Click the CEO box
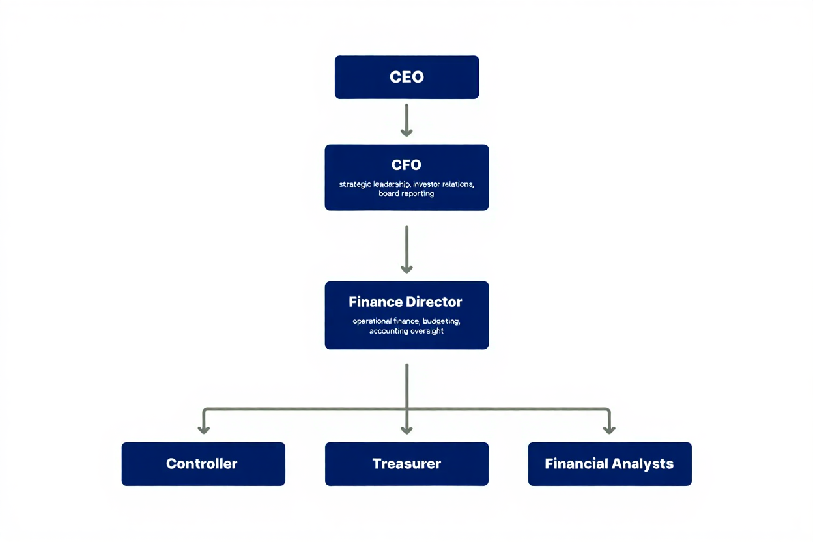pos(406,77)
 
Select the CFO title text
pos(406,165)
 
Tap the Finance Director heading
pos(405,302)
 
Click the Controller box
pos(203,464)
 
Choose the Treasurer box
pos(406,464)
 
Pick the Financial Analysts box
pos(610,464)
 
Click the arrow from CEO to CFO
pos(406,120)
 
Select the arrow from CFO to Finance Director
pos(406,249)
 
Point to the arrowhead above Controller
pos(204,429)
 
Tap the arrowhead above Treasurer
pos(406,429)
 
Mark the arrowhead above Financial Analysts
pos(609,429)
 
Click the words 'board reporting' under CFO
pos(406,194)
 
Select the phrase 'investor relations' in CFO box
pos(444,184)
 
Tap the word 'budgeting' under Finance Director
pos(442,321)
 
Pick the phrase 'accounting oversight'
pos(406,331)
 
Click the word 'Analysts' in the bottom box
pos(642,464)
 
